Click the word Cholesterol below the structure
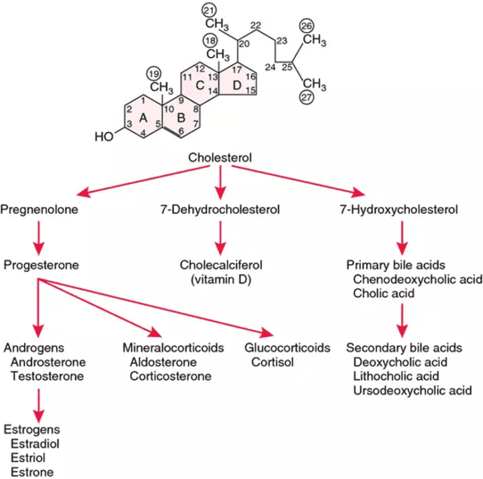[220, 157]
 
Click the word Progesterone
[41, 265]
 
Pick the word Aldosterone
[163, 362]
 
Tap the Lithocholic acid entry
[396, 376]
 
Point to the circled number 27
[307, 99]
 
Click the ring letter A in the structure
[142, 117]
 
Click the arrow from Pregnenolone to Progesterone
[40, 237]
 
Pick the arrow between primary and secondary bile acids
[402, 319]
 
